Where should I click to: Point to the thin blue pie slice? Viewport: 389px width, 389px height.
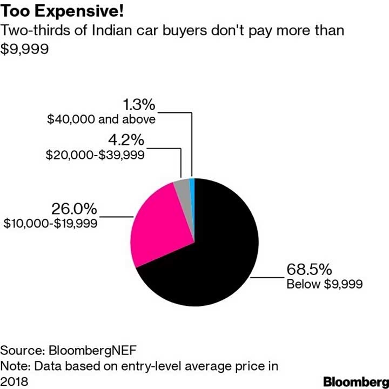192,184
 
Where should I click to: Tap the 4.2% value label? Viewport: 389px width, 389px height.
125,140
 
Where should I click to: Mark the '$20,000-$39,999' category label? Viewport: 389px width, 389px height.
96,155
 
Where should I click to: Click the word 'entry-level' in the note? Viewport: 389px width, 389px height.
153,365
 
